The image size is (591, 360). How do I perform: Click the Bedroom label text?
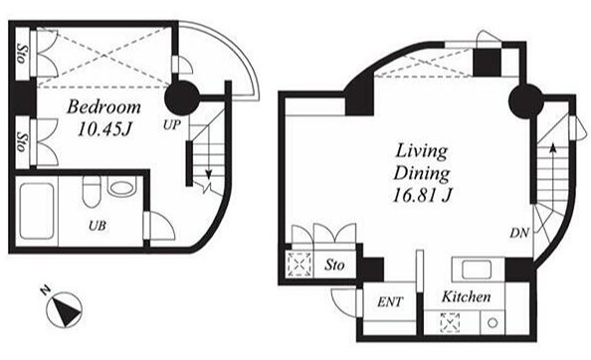[x=104, y=107]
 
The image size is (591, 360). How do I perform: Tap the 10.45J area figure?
[x=104, y=129]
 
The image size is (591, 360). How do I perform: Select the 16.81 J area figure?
[x=422, y=196]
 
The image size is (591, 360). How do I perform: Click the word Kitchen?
[x=467, y=296]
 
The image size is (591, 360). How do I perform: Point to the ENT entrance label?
[x=390, y=301]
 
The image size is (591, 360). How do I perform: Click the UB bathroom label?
[x=98, y=226]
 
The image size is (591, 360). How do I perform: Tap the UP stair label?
[x=172, y=125]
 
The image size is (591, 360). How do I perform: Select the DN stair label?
[x=519, y=233]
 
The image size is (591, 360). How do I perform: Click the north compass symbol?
[x=64, y=308]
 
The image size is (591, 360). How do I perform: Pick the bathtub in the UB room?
[x=37, y=211]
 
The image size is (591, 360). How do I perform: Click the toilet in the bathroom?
[x=92, y=192]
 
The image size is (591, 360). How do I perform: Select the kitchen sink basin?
[x=477, y=270]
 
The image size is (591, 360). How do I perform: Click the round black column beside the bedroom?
[x=182, y=98]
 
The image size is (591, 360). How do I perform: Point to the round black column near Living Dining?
[x=525, y=100]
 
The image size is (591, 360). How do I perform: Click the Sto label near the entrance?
[x=334, y=266]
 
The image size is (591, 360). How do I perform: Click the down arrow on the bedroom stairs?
[x=208, y=162]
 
